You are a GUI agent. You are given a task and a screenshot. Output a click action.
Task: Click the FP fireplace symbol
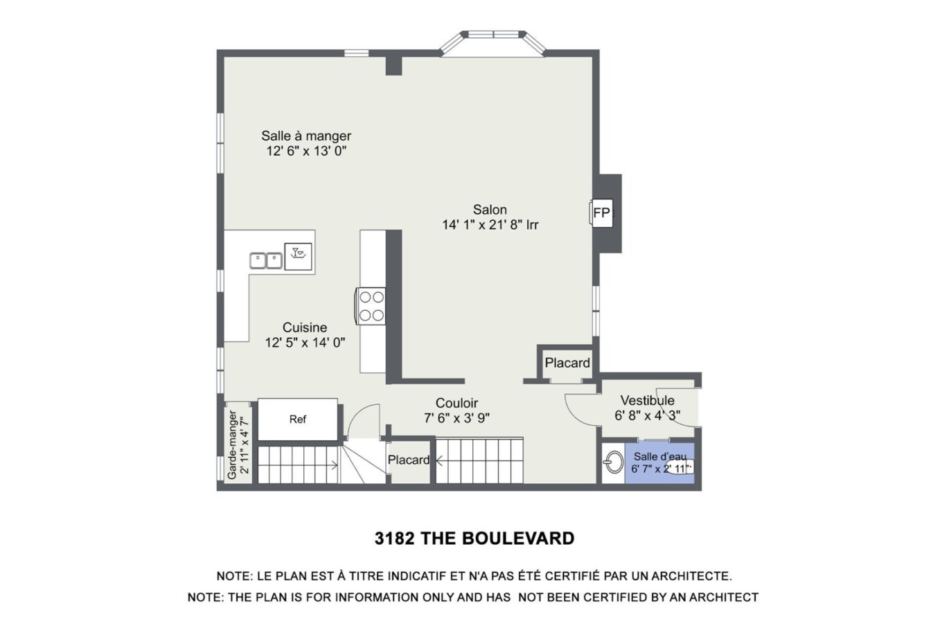(601, 213)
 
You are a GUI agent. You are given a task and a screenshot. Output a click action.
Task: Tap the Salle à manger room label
(306, 136)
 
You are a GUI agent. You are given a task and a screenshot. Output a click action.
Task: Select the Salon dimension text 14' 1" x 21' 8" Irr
(490, 225)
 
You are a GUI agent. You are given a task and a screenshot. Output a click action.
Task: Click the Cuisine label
(305, 327)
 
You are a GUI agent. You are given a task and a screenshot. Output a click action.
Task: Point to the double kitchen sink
(266, 261)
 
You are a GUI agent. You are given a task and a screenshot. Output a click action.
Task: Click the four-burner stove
(371, 306)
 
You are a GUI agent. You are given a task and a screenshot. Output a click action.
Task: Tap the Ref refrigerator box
(298, 419)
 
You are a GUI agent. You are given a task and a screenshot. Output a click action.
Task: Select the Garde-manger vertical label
(233, 444)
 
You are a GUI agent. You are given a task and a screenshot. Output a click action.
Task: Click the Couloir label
(456, 403)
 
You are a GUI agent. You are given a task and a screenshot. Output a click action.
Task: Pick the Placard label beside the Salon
(567, 363)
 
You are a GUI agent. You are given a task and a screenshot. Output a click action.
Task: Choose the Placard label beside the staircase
(409, 460)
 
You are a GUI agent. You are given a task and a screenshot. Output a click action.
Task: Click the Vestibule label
(647, 401)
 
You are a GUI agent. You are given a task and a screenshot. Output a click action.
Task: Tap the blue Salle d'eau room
(659, 462)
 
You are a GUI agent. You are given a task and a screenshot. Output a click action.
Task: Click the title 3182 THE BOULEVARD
(474, 539)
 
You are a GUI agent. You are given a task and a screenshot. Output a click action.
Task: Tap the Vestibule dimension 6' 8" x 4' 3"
(647, 416)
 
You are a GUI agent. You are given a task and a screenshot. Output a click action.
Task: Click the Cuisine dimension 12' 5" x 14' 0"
(305, 343)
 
